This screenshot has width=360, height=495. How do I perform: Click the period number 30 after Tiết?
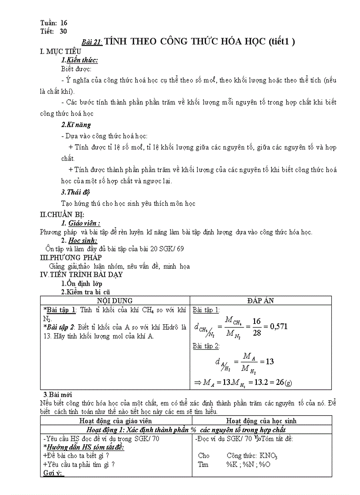tap(63, 31)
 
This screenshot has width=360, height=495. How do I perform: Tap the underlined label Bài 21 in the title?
tap(92, 42)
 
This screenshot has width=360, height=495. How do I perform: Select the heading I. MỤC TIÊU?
tap(60, 52)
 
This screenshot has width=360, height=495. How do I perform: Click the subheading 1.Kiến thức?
tap(79, 60)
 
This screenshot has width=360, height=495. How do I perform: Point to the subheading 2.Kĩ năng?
tap(76, 125)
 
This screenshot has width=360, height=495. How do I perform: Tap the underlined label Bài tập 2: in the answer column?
tap(206, 346)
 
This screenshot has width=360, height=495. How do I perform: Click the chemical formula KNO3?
tap(267, 456)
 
